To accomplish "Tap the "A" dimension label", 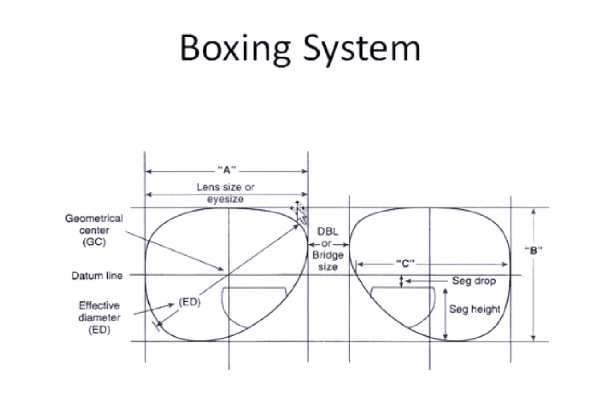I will tap(227, 170).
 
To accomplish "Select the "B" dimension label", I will tap(533, 250).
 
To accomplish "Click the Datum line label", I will tap(97, 276).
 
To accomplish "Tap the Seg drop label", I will tap(474, 281).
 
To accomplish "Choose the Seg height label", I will tap(475, 309).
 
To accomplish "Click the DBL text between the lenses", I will tap(328, 232).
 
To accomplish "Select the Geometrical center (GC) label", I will tap(94, 230).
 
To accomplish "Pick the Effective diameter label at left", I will tap(99, 317).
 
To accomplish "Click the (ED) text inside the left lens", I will tap(190, 302).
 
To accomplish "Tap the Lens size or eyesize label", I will tap(226, 193).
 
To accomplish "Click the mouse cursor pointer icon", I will tap(301, 216).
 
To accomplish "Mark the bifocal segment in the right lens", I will tap(402, 303).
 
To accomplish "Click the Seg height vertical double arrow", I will tap(445, 314).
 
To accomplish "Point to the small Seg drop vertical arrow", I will tap(402, 281).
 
